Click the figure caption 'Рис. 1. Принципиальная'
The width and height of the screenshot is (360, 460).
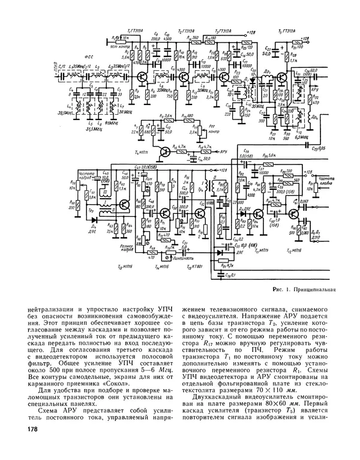tap(301, 289)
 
